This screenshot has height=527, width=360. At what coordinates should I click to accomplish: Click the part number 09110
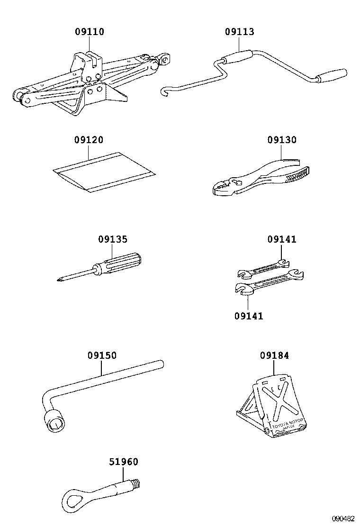[x=90, y=32]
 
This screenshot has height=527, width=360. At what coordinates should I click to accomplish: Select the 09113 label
[x=239, y=32]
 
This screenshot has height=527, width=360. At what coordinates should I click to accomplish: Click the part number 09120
[x=89, y=140]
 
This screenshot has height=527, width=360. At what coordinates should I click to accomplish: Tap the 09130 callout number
[x=282, y=140]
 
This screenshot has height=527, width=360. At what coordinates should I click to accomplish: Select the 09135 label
[x=113, y=239]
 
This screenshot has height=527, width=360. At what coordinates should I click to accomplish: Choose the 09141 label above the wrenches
[x=282, y=239]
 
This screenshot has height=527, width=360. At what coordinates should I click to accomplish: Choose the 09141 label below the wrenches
[x=248, y=316]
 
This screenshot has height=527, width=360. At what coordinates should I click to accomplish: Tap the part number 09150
[x=101, y=355]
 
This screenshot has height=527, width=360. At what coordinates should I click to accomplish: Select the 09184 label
[x=274, y=355]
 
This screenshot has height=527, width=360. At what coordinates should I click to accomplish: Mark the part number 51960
[x=124, y=462]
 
